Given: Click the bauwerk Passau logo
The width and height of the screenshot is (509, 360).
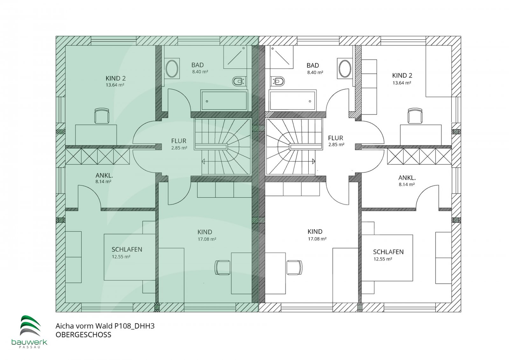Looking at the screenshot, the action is click(30, 332).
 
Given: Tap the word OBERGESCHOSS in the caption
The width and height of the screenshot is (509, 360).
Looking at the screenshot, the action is click(83, 335).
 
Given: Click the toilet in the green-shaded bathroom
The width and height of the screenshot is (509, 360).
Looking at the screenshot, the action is click(238, 81).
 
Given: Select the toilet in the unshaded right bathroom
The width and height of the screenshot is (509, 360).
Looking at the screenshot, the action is click(278, 81).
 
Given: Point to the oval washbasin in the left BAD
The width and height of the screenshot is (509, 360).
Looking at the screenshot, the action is click(172, 68).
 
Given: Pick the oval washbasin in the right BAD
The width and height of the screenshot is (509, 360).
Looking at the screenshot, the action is click(345, 68).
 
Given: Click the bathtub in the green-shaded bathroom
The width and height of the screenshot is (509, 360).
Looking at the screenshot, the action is click(224, 100).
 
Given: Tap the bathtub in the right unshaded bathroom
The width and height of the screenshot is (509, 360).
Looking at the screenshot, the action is click(293, 100).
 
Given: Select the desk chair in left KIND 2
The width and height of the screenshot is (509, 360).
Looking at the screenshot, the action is click(101, 116).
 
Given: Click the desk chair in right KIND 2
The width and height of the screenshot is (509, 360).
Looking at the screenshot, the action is click(415, 116).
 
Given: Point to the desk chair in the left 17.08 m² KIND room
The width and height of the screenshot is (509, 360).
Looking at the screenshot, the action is click(222, 267).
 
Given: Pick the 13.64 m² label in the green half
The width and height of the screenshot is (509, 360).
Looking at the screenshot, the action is click(115, 85).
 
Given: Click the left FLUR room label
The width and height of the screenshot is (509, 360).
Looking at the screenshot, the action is click(179, 141).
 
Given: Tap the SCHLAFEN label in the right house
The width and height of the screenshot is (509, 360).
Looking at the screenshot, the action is click(388, 252).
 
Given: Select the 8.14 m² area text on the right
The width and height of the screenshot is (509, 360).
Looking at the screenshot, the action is click(407, 184).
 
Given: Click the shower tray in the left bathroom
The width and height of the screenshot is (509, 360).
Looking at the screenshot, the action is click(235, 57).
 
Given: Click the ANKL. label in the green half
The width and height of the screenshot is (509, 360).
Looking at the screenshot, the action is click(104, 175).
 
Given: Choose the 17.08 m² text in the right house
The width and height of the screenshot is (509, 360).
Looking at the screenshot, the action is click(317, 239).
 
